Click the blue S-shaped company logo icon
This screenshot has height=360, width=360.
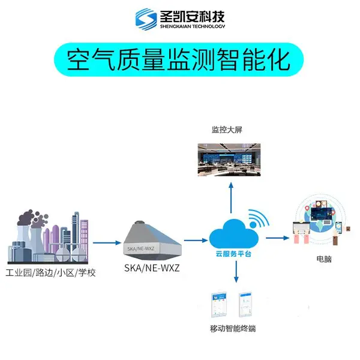146,19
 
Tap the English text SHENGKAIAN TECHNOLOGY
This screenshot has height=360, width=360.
193,26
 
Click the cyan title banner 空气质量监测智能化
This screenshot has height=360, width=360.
179,59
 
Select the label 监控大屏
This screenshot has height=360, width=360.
227,130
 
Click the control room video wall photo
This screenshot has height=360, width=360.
229,160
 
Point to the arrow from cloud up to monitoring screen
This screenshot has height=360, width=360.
231,198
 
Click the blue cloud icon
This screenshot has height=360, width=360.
234,234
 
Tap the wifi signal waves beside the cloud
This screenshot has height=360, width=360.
259,218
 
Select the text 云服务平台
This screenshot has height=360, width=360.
233,254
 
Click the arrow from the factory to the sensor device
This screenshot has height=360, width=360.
107,242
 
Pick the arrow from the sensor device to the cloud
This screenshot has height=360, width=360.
196,241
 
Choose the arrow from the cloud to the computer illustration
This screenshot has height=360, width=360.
278,238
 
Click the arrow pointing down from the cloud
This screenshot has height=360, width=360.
236,272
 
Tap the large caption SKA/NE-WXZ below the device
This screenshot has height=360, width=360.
152,268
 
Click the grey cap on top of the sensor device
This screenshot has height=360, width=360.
139,223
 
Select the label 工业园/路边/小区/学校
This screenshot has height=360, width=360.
50,273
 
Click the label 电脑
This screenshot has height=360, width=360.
324,259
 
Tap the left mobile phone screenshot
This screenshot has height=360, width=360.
219,305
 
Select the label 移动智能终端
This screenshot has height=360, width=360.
233,329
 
